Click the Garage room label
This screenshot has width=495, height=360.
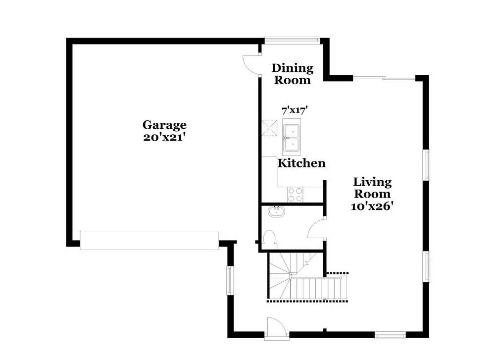pos(164,125)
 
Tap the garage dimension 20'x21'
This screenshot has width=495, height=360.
pos(163,137)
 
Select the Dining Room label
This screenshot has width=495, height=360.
pos(293,74)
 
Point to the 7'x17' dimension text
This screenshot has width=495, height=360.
pos(295,110)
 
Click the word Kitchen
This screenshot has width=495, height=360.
pos(301,163)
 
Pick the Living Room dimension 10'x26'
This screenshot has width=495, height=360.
pos(372,206)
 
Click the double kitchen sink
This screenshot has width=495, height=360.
pos(291,137)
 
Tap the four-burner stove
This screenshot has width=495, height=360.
pos(295,195)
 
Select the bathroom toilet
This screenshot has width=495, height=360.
pos(269,239)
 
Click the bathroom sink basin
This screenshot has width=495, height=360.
pos(276,211)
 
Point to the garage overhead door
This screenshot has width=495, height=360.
pos(149,240)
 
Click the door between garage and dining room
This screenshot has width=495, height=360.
pos(251,65)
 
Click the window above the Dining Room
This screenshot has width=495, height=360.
pos(293,40)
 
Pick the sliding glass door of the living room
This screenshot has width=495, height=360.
pos(384,78)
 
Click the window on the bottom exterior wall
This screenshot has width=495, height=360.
pos(390,335)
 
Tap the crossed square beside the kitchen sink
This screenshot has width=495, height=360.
pos(269,128)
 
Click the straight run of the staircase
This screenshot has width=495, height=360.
pos(319,288)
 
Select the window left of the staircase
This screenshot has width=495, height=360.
pos(230,280)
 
